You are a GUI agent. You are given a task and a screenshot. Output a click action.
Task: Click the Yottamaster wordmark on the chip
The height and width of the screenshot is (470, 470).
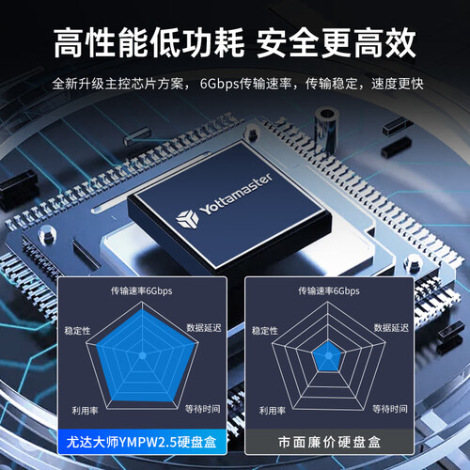[x=236, y=194]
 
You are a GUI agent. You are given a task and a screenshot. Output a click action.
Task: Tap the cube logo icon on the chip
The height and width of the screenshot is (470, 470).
[x=187, y=218]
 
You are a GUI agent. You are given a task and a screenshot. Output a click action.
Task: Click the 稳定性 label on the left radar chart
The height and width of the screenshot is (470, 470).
[x=77, y=331]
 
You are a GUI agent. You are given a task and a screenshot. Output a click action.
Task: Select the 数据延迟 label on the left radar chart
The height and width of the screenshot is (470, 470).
[x=204, y=328]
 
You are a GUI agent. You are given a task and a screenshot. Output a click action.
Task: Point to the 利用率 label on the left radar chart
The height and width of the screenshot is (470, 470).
[x=85, y=411]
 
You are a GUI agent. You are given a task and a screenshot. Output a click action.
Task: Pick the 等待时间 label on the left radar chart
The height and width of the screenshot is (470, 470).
[x=203, y=409]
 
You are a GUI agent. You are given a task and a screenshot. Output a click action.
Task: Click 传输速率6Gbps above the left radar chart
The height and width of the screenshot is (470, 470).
[x=141, y=290]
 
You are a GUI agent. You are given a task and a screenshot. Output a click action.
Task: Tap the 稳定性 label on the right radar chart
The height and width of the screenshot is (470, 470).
[x=265, y=331]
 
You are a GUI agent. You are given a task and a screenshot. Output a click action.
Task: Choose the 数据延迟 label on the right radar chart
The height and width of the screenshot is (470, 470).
[x=391, y=328]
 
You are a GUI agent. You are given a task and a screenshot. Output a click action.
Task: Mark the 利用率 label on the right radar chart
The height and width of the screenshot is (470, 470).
[x=273, y=411]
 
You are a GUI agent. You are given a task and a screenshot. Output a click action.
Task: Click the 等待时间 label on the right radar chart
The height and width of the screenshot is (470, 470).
[x=390, y=409]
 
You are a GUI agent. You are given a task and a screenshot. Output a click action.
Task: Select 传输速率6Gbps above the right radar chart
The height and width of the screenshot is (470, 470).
[x=329, y=290]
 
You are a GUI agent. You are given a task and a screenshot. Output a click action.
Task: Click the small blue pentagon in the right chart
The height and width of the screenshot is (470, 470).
[x=328, y=356]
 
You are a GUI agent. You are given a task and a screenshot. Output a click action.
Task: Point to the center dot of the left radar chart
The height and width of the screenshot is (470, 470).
[x=143, y=355]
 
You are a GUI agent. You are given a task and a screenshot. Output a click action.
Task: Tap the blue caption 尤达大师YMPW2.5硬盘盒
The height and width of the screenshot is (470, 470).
[x=141, y=442]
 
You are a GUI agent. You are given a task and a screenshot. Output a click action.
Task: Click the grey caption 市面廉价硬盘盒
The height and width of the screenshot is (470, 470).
[x=329, y=442]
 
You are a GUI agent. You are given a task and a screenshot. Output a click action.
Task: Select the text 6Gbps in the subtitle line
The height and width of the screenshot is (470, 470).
[x=219, y=84]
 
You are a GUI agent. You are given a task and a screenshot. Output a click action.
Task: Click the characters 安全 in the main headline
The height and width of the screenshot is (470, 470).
[x=289, y=42]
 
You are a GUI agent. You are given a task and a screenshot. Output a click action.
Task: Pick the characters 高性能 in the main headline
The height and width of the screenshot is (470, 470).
[x=101, y=42]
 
